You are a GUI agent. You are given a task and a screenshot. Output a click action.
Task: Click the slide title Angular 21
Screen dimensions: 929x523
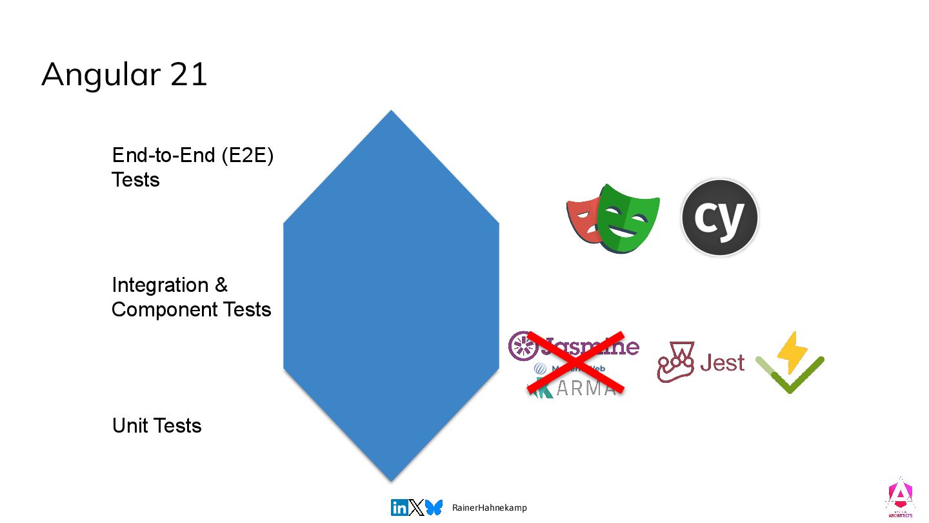(124, 74)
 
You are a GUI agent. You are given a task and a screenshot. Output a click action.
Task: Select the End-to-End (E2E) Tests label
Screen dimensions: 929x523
(192, 167)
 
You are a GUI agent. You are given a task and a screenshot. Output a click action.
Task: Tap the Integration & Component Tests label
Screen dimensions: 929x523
(191, 297)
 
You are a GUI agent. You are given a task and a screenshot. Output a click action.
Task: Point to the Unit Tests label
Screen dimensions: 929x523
(157, 426)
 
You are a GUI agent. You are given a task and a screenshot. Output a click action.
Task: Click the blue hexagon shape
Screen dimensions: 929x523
(391, 296)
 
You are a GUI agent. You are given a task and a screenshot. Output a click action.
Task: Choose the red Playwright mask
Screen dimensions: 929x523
(582, 220)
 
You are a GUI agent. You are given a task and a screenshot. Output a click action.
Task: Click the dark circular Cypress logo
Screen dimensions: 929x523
(719, 218)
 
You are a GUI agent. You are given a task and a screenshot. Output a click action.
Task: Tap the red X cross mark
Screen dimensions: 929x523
(575, 362)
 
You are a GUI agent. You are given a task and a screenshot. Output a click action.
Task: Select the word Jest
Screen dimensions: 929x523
(723, 363)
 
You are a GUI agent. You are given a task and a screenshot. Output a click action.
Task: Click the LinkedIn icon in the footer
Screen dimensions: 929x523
(399, 508)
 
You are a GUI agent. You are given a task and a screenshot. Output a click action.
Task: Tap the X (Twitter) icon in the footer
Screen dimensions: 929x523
(417, 508)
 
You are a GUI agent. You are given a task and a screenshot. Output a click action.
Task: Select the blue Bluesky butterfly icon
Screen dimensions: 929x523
(434, 508)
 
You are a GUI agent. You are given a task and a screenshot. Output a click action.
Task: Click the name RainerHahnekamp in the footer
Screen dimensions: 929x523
(489, 508)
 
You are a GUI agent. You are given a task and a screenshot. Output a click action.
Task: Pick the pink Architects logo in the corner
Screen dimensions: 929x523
(899, 498)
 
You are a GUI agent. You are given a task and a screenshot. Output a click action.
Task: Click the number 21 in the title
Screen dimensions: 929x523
(189, 74)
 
